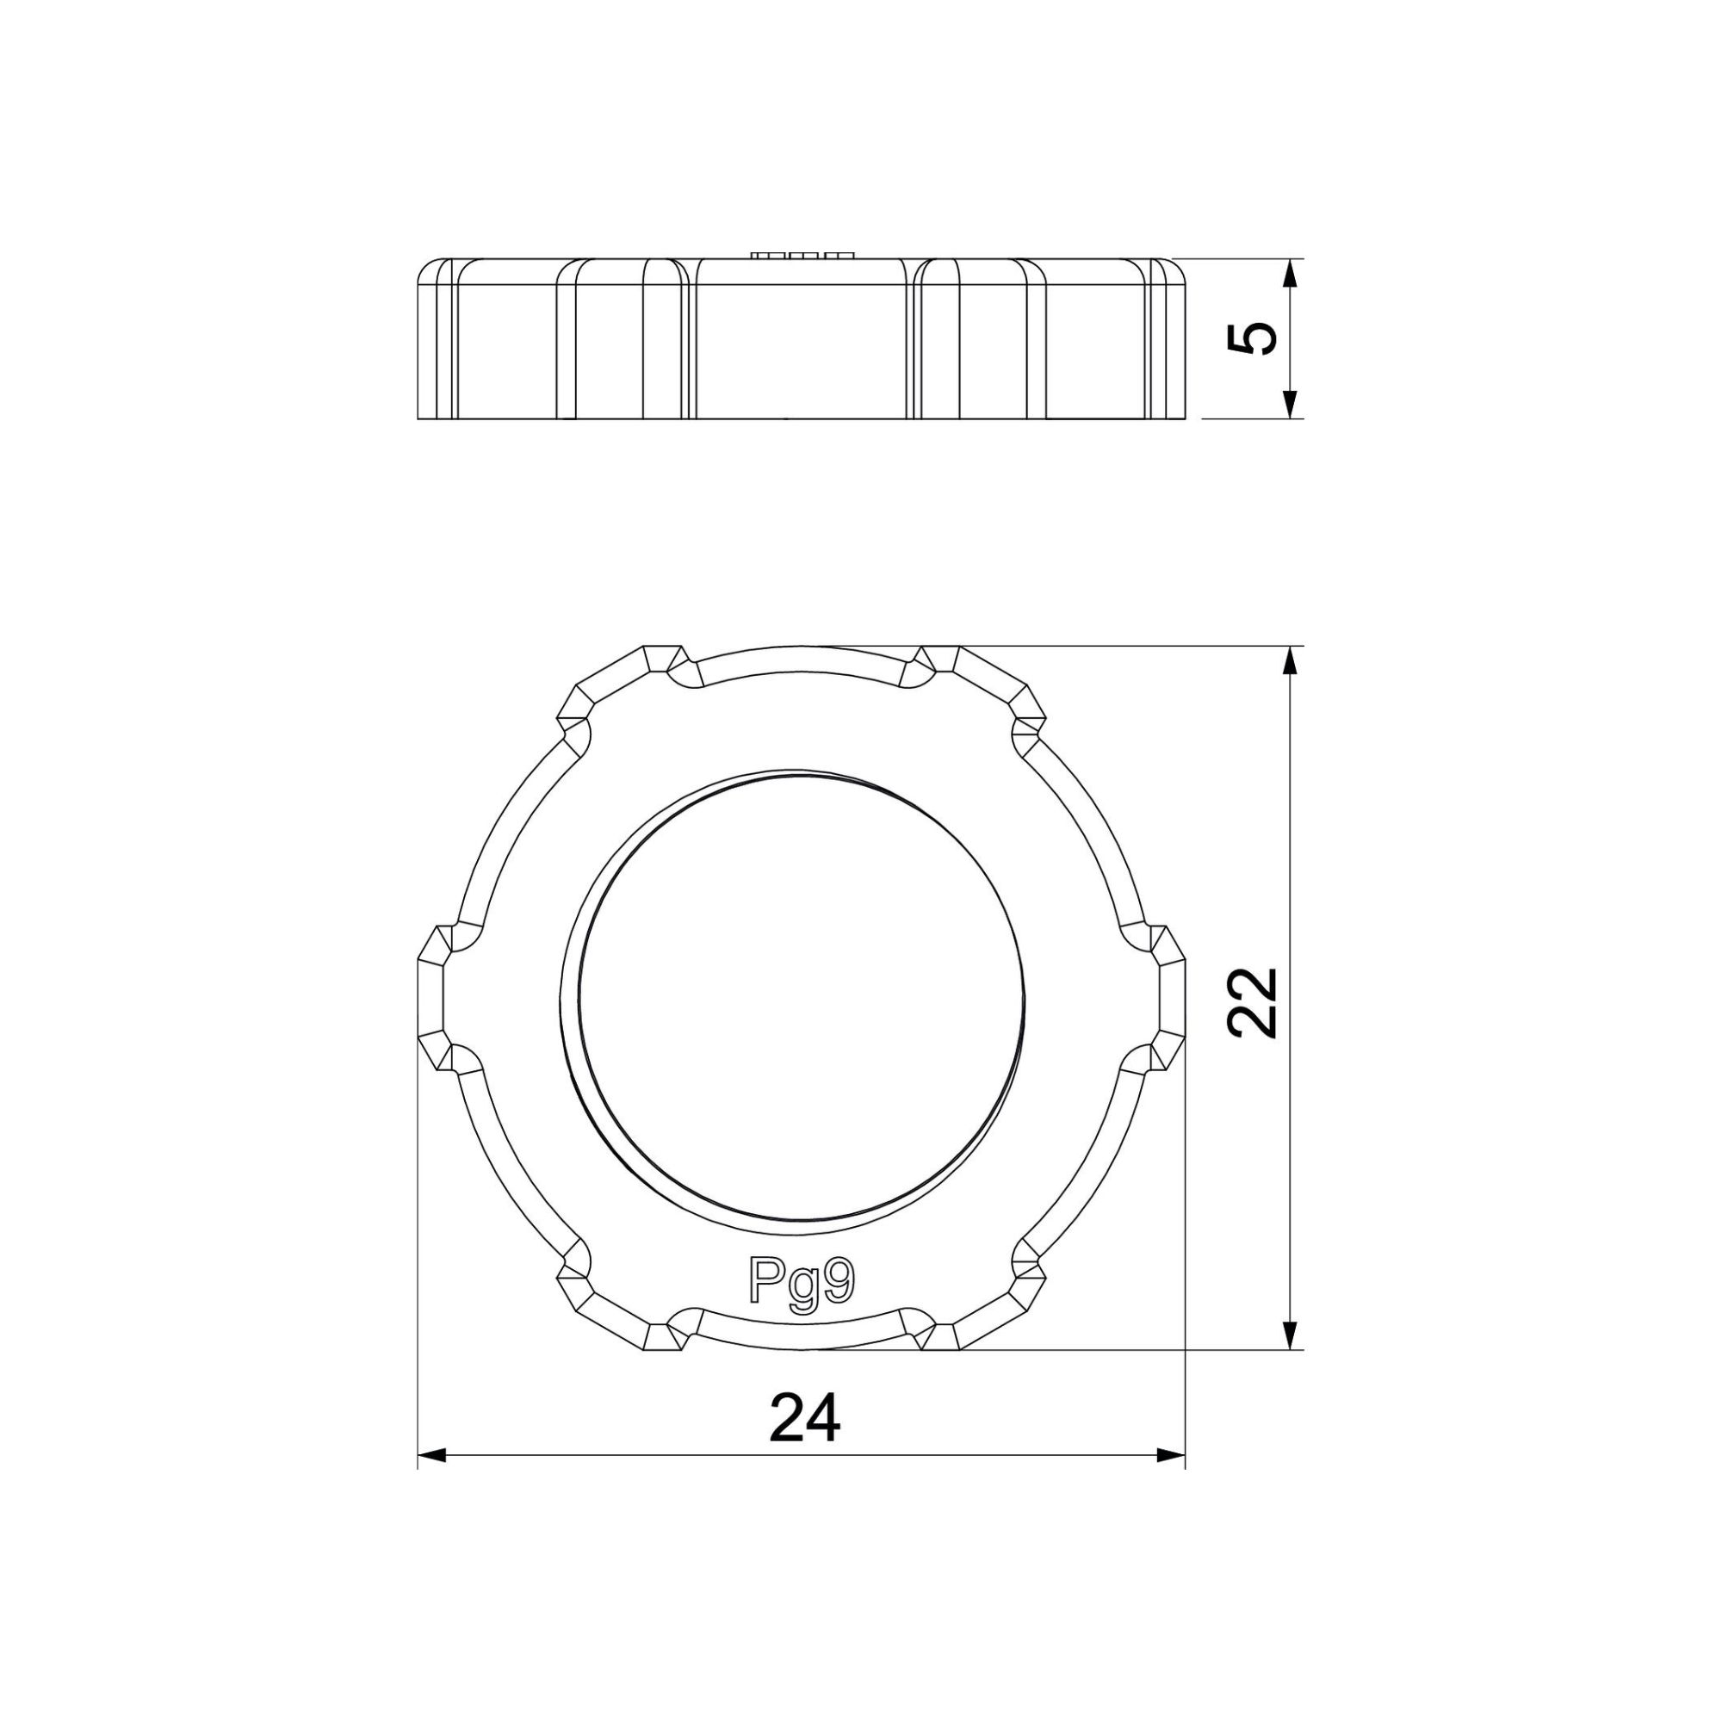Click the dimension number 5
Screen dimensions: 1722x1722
(1252, 338)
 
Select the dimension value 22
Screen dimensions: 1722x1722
(1252, 1003)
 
